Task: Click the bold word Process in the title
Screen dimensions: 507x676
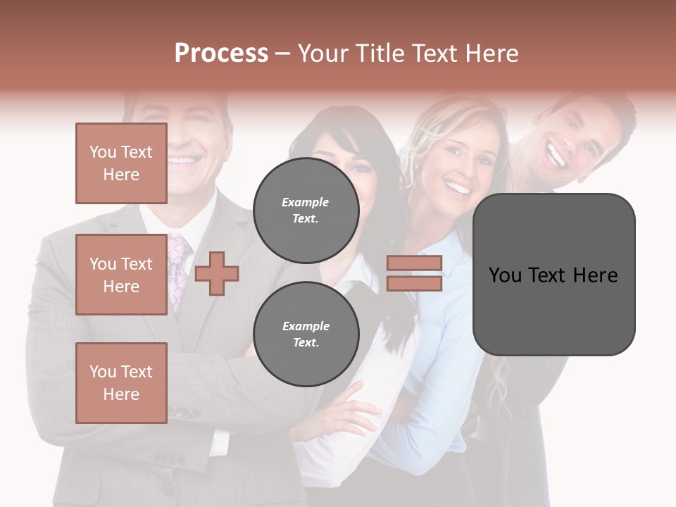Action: point(221,53)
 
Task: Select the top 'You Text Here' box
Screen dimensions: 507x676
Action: point(121,163)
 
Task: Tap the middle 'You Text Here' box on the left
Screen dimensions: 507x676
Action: point(121,275)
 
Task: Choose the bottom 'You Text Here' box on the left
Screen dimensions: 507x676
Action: point(121,382)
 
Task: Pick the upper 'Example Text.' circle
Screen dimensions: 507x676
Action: point(306,210)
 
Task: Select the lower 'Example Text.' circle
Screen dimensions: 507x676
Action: point(306,334)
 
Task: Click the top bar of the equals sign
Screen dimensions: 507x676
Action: point(415,263)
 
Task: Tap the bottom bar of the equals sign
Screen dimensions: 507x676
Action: point(415,283)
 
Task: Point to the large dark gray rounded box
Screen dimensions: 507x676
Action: point(553,274)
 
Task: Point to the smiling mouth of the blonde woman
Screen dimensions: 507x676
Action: point(458,189)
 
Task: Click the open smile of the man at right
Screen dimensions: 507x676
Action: point(558,156)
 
